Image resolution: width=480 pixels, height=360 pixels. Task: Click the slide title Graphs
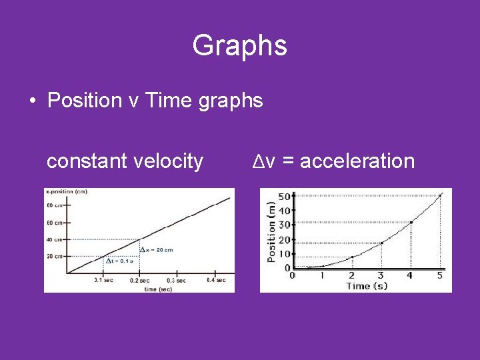[x=239, y=45]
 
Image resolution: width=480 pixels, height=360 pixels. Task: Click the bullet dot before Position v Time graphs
[x=32, y=101]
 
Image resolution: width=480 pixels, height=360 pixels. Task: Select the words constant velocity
[x=125, y=161]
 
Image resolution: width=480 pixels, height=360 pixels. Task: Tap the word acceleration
[x=357, y=161]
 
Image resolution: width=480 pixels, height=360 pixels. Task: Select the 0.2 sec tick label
[x=139, y=281]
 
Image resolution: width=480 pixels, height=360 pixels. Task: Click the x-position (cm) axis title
[x=66, y=192]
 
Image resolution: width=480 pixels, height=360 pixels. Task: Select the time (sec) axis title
[x=158, y=289]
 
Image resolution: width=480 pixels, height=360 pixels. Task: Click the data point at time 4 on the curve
[x=411, y=222]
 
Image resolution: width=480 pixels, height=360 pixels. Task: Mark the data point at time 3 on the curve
[x=381, y=243]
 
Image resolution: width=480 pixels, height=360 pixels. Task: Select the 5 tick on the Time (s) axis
[x=440, y=275]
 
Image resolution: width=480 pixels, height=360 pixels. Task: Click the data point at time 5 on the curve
[x=440, y=195]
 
